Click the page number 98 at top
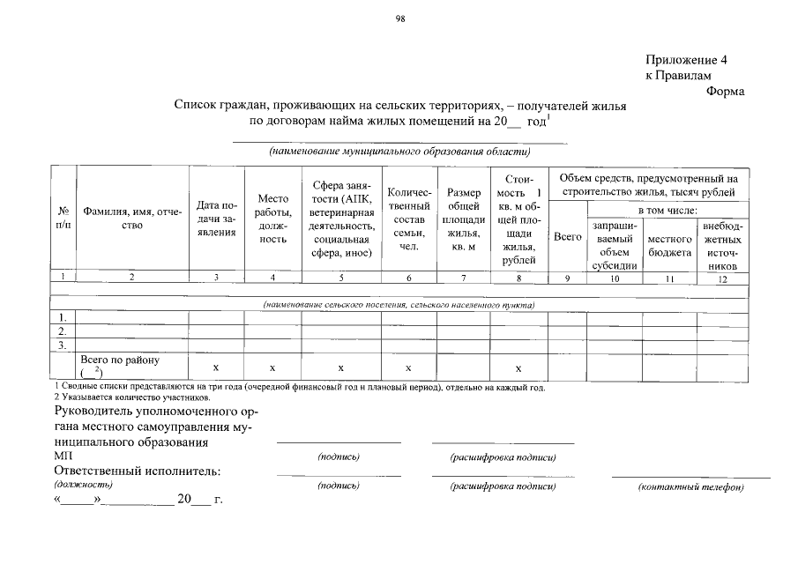(x=399, y=19)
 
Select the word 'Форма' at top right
(x=726, y=91)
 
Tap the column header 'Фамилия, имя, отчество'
(x=132, y=219)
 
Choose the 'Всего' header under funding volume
(x=566, y=237)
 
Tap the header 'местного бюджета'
(x=669, y=246)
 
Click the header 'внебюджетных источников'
(x=721, y=246)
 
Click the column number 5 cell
(x=341, y=279)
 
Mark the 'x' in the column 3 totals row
(x=217, y=367)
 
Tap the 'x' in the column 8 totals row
(x=518, y=367)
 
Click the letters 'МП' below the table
(x=64, y=456)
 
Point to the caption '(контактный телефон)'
(x=690, y=487)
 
